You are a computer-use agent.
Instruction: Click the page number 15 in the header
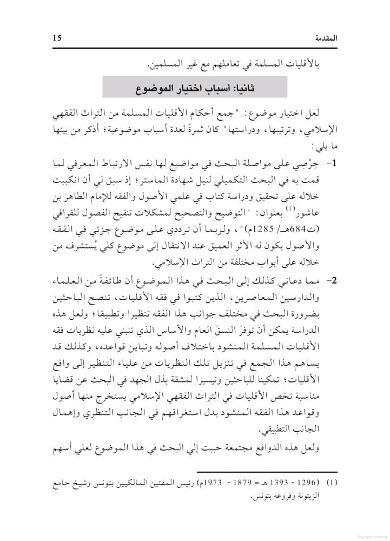coord(57,37)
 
